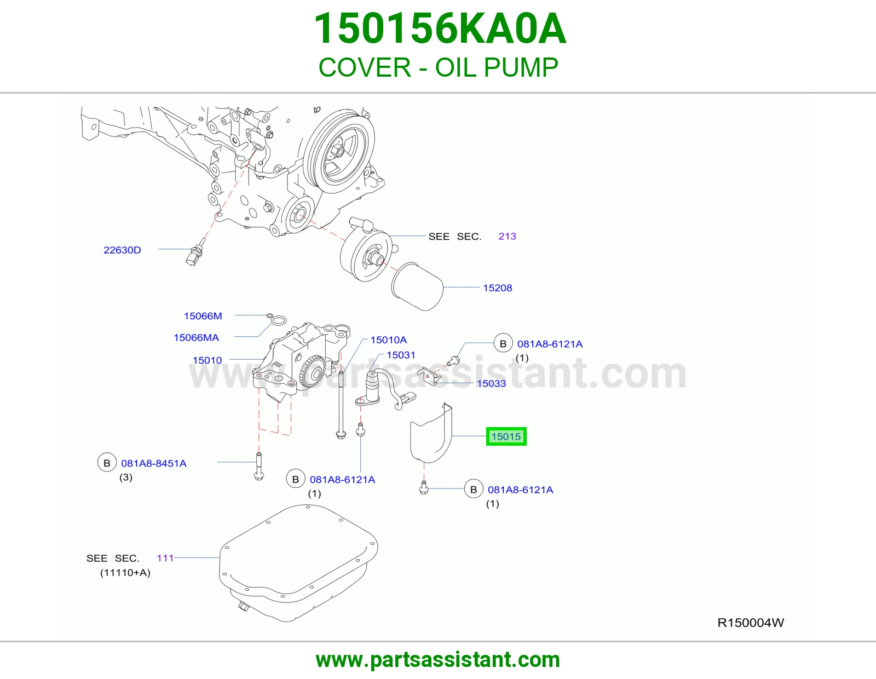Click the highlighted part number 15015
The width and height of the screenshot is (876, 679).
pyautogui.click(x=506, y=436)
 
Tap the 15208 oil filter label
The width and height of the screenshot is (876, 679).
pyautogui.click(x=498, y=288)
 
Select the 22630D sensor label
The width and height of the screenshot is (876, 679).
pyautogui.click(x=122, y=250)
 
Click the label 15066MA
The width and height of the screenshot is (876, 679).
pyautogui.click(x=197, y=337)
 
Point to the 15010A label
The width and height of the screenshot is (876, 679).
pyautogui.click(x=389, y=340)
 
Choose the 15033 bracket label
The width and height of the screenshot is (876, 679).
pyautogui.click(x=491, y=383)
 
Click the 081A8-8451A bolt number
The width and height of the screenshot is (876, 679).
pyautogui.click(x=154, y=463)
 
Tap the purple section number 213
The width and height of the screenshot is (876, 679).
pyautogui.click(x=507, y=236)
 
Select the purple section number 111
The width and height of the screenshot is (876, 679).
pyautogui.click(x=165, y=558)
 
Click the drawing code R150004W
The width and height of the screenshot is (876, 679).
pyautogui.click(x=751, y=623)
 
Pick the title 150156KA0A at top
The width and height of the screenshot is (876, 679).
pyautogui.click(x=440, y=28)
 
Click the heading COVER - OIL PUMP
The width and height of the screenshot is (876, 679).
pyautogui.click(x=438, y=67)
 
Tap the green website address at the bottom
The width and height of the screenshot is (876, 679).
pyautogui.click(x=438, y=660)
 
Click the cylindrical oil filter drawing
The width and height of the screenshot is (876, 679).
pyautogui.click(x=418, y=287)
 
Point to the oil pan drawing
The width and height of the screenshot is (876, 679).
pyautogui.click(x=299, y=563)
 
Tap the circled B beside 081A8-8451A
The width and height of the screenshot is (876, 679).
pyautogui.click(x=107, y=463)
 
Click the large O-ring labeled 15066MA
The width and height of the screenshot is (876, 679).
pyautogui.click(x=278, y=321)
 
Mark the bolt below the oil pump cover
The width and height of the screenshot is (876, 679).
pyautogui.click(x=423, y=487)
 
